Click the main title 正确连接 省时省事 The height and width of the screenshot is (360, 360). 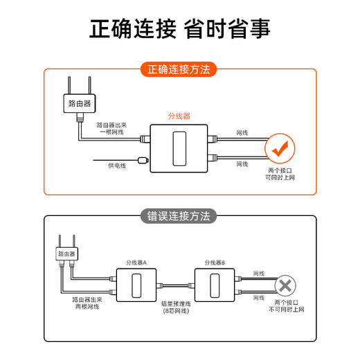(180, 30)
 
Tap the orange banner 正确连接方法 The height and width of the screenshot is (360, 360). (179, 70)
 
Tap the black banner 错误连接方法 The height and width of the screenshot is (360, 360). (179, 216)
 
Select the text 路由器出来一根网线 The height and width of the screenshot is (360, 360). (111, 129)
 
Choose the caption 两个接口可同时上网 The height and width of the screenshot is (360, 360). (281, 174)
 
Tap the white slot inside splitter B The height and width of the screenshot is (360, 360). (215, 285)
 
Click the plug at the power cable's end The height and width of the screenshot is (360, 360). (142, 161)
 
